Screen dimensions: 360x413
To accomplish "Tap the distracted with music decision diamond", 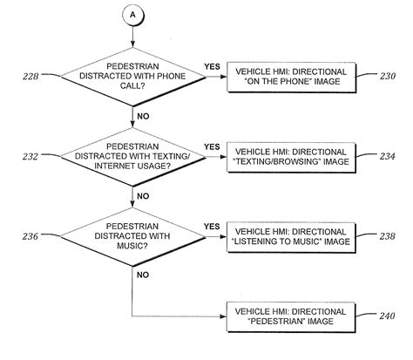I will coord(132,234).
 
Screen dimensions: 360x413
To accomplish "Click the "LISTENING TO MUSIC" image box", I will coord(284,234).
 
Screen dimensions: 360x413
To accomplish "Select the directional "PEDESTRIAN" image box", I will coord(284,314).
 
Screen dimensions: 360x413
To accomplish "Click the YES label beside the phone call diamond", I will coord(212,66).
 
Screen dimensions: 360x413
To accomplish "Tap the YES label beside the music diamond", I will coord(212,225).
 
